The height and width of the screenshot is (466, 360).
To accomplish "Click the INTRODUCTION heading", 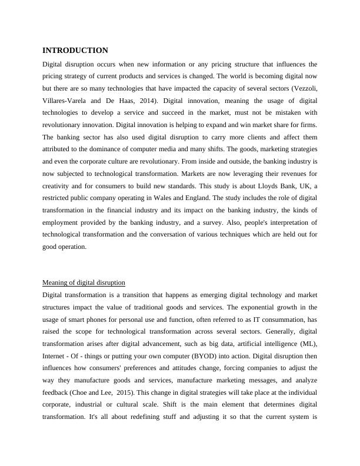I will [x=75, y=51].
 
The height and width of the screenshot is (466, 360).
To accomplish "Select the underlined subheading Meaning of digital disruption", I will [x=84, y=282].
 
